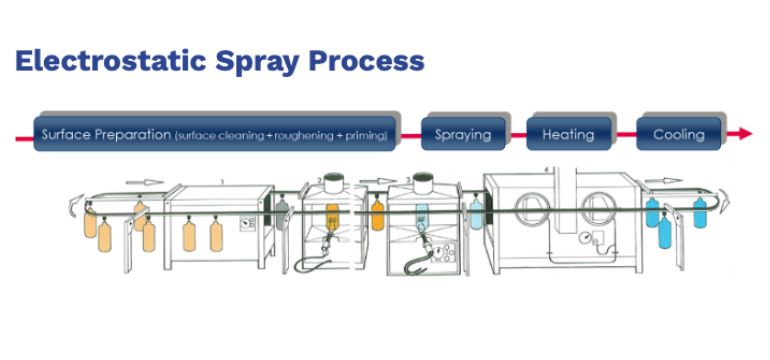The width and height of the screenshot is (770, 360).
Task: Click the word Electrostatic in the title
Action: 111,61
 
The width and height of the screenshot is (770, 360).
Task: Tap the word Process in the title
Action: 366,61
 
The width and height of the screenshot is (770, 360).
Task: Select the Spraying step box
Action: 463,134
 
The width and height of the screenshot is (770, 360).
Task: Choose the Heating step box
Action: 569,134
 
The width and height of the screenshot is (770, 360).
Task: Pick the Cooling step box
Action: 679,134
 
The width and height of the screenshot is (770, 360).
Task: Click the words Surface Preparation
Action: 106,135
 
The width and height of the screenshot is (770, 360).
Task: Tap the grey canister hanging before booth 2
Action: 281,212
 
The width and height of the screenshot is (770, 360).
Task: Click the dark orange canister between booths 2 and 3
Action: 377,214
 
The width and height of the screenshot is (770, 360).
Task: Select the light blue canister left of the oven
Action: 476,212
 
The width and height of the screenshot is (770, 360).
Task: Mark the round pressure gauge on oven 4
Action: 584,238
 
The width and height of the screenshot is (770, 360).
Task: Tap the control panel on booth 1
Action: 248,224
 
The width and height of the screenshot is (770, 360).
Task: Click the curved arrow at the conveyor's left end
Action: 75,204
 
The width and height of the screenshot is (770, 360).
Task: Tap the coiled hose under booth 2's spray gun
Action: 310,264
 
